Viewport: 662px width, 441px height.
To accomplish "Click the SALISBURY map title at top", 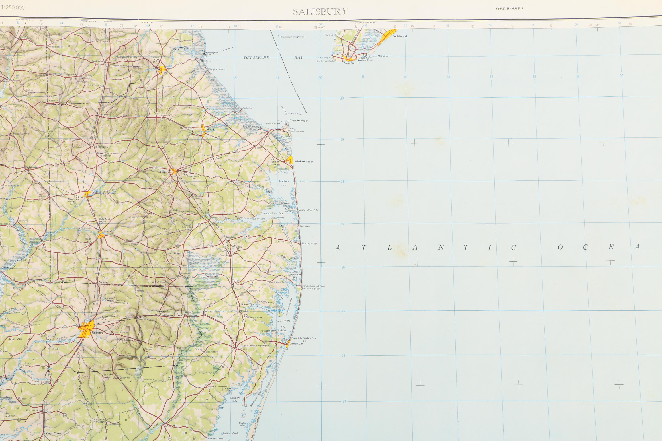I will tap(320, 12).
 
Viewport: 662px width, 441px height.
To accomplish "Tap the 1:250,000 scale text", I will tap(13, 8).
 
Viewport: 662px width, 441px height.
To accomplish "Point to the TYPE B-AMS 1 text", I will tap(509, 9).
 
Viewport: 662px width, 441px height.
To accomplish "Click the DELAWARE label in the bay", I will tap(256, 58).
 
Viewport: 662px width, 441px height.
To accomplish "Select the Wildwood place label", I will tap(400, 36).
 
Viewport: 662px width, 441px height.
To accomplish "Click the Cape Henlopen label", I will tap(299, 121).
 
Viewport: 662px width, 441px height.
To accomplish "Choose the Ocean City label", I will tap(297, 343).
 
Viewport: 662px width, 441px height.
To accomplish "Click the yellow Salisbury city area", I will tap(86, 329).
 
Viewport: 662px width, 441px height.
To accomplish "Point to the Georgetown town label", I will tap(165, 172).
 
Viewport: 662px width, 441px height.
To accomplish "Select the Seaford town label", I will tap(96, 192).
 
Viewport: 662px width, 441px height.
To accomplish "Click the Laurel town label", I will tap(108, 231).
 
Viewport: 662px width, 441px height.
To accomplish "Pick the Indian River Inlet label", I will tap(309, 210).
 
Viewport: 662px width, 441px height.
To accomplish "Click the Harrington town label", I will tap(97, 61).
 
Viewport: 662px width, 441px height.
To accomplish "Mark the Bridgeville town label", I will tap(101, 147).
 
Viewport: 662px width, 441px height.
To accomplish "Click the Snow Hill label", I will tap(171, 426).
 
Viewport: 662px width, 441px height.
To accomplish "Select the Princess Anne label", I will tap(34, 410).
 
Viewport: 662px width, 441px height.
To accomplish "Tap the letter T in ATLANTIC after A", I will tap(364, 248).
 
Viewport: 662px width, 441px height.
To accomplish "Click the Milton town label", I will tap(210, 129).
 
